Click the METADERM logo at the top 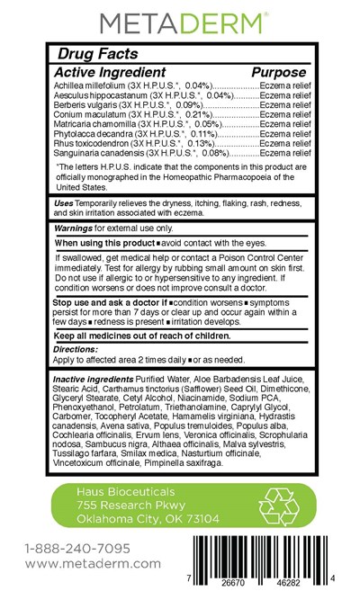click(x=179, y=21)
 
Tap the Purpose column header click(x=279, y=71)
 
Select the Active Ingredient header click(x=110, y=71)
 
